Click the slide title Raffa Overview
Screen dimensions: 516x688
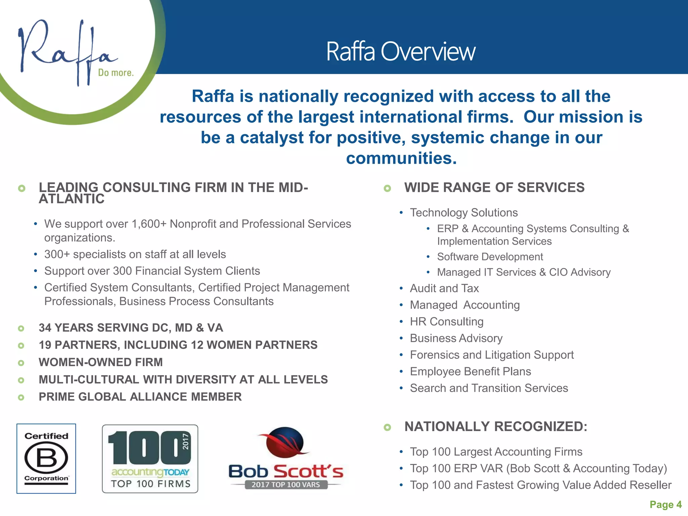400,52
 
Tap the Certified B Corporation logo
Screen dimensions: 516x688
46,459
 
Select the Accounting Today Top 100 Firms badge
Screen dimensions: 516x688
150,459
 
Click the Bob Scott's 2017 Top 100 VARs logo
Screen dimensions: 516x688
286,459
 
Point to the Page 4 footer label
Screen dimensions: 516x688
665,504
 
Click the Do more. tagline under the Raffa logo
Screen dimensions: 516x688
116,73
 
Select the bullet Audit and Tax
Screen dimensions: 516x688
444,288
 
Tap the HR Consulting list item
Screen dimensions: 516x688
446,321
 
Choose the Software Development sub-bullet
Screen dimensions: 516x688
490,257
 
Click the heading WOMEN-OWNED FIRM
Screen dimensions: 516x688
101,362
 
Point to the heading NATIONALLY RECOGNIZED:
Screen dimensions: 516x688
496,427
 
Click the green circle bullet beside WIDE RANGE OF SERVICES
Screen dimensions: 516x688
387,188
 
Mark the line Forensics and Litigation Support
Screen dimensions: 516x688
492,355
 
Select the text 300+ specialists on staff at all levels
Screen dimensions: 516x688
135,254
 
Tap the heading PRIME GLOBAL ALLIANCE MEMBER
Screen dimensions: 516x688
140,397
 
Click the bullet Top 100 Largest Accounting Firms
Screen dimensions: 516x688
496,452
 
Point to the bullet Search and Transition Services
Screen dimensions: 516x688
489,388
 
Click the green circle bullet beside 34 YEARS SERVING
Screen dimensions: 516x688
21,328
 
